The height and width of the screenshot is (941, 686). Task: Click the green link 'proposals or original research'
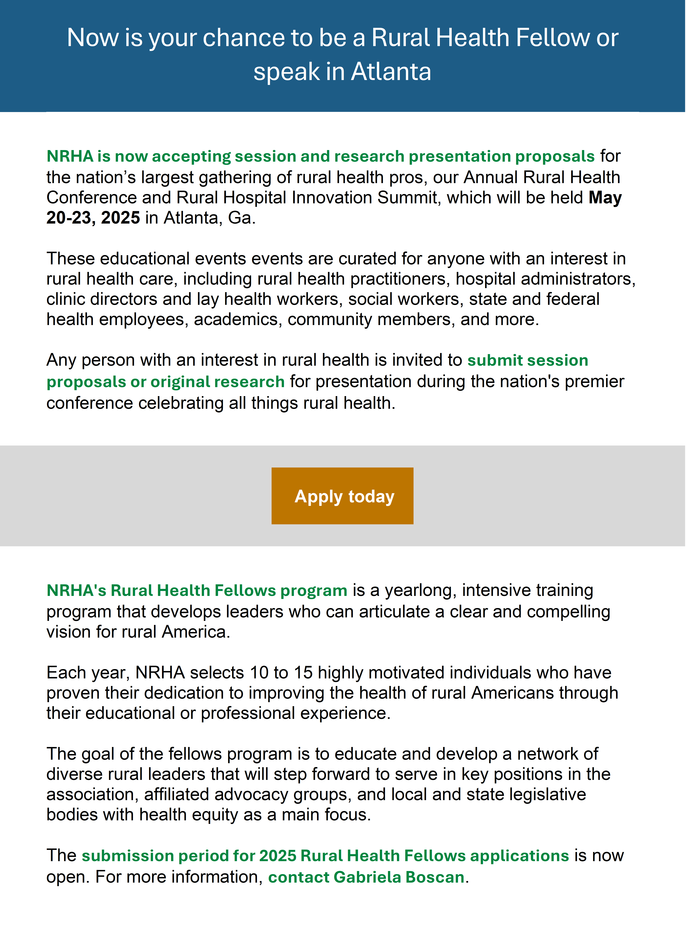(x=165, y=382)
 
